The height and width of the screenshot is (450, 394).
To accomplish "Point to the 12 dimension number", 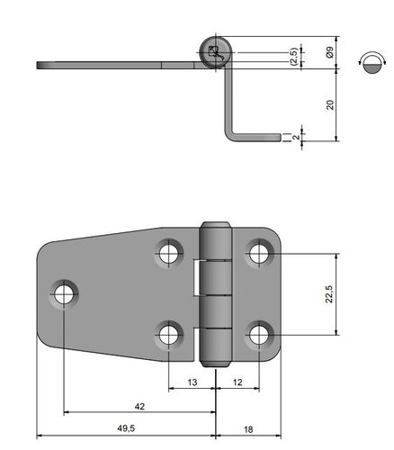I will (x=237, y=382).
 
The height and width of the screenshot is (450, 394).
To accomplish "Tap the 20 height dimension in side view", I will (x=330, y=104).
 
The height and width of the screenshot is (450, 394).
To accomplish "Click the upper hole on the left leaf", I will (x=169, y=252).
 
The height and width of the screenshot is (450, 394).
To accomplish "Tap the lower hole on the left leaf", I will (x=169, y=335).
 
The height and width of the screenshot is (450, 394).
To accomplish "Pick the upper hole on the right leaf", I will (x=259, y=252).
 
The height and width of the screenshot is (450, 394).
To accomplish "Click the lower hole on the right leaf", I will (x=259, y=335).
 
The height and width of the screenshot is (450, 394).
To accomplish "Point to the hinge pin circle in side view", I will (x=216, y=53).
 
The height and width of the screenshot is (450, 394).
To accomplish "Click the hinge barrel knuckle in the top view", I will (x=215, y=293).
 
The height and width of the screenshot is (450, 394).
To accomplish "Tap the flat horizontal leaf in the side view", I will (x=108, y=65).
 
